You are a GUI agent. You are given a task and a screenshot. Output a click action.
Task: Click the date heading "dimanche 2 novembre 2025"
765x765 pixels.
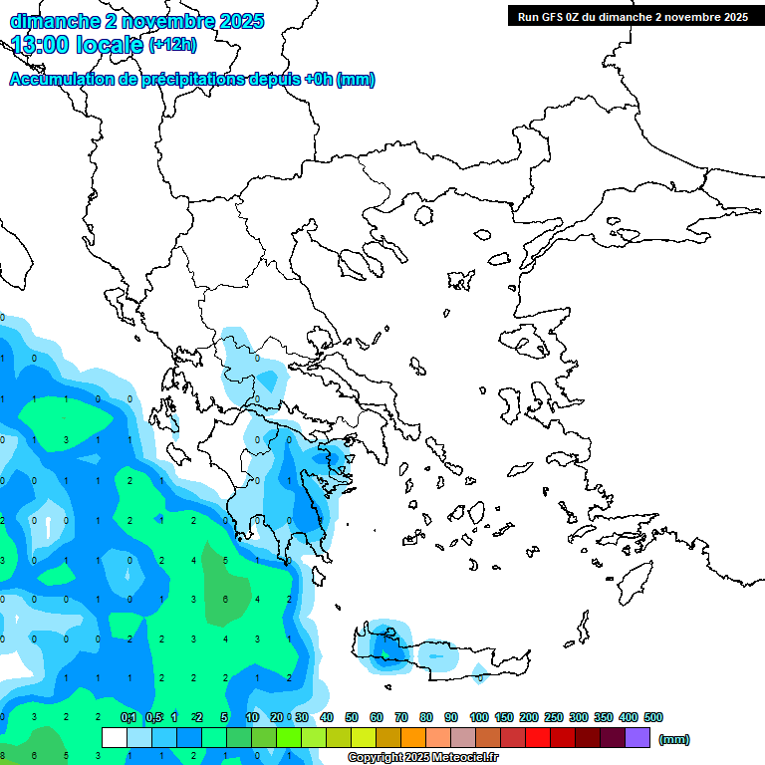(x=136, y=20)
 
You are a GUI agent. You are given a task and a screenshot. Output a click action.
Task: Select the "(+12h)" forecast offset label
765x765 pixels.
(x=172, y=44)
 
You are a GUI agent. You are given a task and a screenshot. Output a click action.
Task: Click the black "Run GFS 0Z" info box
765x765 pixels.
(x=633, y=16)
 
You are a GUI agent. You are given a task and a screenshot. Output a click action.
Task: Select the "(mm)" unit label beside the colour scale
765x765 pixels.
(x=674, y=739)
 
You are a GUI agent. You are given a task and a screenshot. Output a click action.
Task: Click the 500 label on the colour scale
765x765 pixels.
(x=653, y=717)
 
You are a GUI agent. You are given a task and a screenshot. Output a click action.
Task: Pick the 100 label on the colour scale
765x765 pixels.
(x=479, y=717)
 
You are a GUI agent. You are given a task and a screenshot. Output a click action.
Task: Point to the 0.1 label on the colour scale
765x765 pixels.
(x=128, y=717)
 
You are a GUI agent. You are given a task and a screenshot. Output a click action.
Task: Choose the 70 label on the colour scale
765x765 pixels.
(x=401, y=717)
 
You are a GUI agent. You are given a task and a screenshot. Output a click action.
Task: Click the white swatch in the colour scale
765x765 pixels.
(x=115, y=738)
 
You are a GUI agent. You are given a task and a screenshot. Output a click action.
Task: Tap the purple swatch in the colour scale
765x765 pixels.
(x=637, y=738)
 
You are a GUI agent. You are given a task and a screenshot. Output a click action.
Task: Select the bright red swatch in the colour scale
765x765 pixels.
(x=538, y=738)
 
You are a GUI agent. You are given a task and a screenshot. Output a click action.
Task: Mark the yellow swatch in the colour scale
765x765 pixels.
(x=364, y=738)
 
